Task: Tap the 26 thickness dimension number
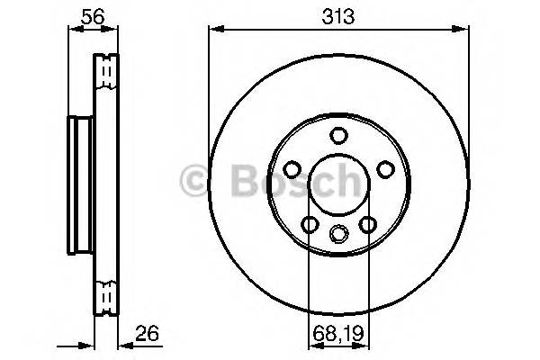(148, 333)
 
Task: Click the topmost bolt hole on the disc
(338, 136)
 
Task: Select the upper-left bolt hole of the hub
(293, 169)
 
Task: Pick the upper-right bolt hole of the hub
(384, 169)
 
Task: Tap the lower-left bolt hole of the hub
(310, 224)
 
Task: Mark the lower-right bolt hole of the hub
(367, 224)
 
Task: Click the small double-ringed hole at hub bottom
(338, 234)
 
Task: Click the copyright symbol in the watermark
(195, 182)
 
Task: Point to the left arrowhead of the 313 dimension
(213, 29)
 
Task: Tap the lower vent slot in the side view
(106, 294)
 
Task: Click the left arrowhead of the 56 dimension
(72, 29)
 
